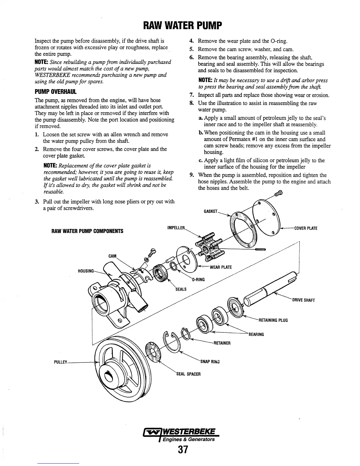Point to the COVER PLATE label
click(306, 228)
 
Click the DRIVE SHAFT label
click(303, 300)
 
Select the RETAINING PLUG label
click(273, 320)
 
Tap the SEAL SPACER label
click(188, 374)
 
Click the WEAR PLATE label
click(221, 267)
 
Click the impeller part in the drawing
click(209, 245)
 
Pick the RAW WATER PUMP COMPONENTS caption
click(87, 231)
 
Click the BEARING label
click(256, 334)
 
